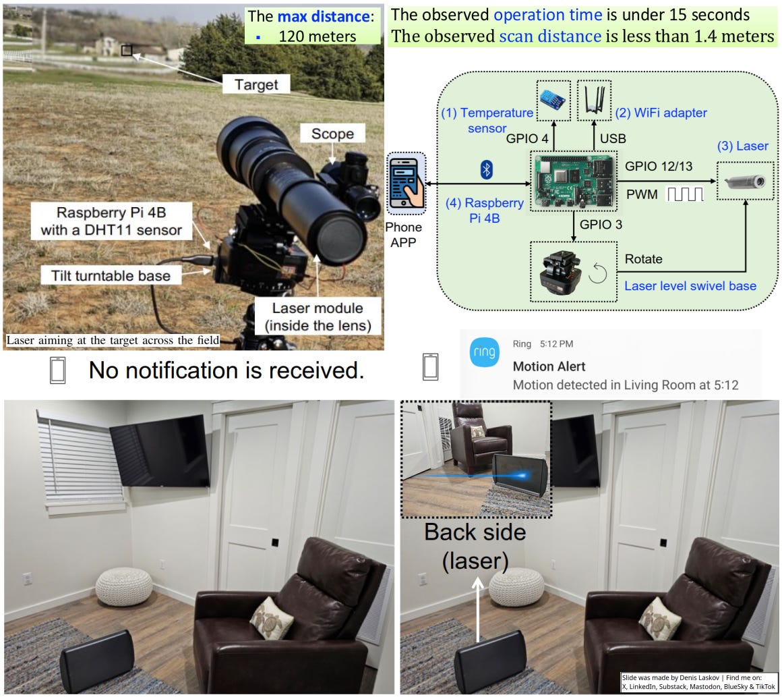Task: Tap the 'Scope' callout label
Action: click(332, 134)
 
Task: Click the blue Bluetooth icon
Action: click(486, 170)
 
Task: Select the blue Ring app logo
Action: click(484, 353)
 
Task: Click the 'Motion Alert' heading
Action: click(549, 367)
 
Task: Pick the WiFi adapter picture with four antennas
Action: click(594, 101)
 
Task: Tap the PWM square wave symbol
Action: click(685, 194)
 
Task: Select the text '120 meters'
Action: click(318, 35)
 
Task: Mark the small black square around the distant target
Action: click(127, 51)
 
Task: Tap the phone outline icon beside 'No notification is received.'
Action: click(59, 371)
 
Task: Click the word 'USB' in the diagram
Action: click(612, 139)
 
